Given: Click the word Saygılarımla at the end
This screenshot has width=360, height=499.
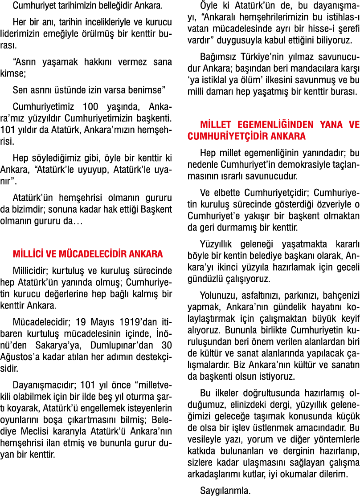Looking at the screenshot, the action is pyautogui.click(x=225, y=491).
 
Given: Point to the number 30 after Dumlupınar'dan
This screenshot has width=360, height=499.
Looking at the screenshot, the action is pyautogui.click(x=167, y=345).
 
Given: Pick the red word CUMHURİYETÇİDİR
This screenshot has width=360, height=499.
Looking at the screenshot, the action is pyautogui.click(x=222, y=136).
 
